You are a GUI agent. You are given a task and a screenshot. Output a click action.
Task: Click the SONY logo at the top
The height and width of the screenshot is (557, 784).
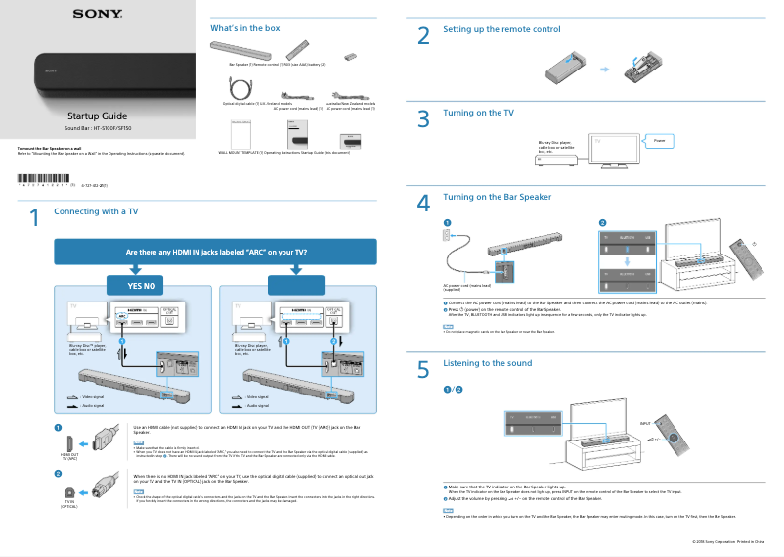pos(96,14)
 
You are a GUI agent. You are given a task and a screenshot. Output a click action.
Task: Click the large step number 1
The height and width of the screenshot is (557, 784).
pos(34,219)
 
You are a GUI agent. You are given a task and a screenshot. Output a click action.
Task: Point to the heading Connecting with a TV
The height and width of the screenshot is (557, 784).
pos(96,211)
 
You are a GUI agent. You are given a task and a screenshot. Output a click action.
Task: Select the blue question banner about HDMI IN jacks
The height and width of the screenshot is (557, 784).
pos(216,253)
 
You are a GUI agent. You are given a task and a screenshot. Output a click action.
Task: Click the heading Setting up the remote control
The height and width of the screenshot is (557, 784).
pos(501,30)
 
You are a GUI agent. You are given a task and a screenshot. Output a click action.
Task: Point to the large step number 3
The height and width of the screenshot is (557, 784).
pos(423,119)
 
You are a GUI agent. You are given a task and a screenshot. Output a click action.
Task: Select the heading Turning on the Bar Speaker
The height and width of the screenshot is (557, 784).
pos(497,197)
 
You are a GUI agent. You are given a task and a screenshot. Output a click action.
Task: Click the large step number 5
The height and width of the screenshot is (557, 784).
pos(423,370)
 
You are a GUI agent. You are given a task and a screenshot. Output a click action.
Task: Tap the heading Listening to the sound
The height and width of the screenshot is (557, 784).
pos(487,363)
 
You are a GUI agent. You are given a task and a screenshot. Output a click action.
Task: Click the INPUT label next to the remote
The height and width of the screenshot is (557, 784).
pos(644,423)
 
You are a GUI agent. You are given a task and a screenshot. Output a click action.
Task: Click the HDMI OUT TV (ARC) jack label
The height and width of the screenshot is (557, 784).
pos(68,456)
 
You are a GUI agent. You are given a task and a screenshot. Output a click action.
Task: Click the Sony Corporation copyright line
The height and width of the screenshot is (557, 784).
pos(727,540)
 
